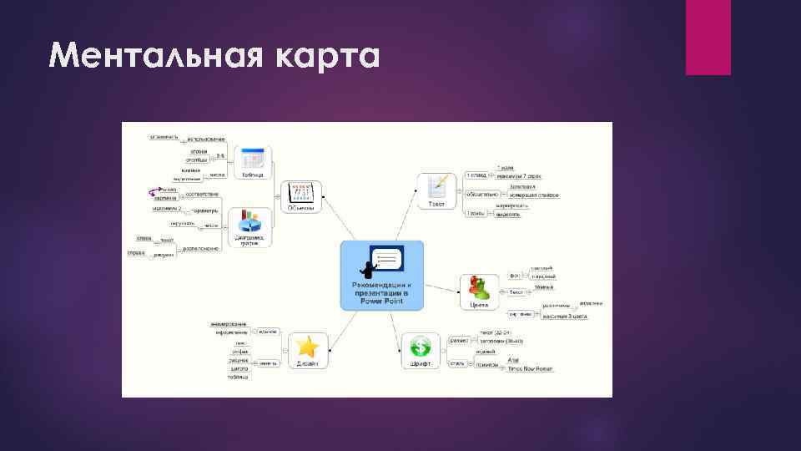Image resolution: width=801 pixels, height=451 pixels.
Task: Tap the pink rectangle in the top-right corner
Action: (708, 37)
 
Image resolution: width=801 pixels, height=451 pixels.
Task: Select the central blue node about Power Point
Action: (382, 276)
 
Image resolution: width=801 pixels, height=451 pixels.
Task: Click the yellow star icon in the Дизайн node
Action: (306, 346)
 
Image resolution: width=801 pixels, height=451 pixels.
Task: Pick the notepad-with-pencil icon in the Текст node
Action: (436, 185)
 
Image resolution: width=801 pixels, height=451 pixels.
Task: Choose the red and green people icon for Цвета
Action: (479, 286)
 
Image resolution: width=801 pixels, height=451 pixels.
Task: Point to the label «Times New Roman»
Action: (531, 367)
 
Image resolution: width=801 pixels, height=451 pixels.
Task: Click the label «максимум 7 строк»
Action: (519, 176)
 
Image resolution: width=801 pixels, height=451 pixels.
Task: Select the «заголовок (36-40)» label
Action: (501, 341)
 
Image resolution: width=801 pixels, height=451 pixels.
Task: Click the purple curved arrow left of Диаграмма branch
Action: (151, 191)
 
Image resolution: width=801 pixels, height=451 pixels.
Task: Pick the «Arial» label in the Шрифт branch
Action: (513, 360)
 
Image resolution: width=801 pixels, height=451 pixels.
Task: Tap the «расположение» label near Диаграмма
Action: (201, 248)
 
